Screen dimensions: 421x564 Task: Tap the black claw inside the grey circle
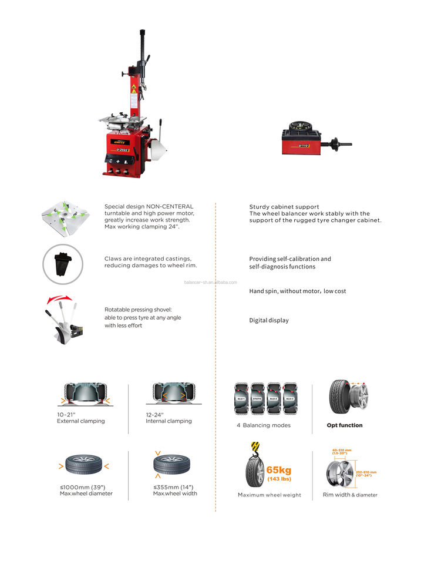pyautogui.click(x=62, y=264)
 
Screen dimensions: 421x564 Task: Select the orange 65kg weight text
pyautogui.click(x=279, y=469)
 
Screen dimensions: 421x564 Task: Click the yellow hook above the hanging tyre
pyautogui.click(x=255, y=448)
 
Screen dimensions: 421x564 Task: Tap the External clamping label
pyautogui.click(x=81, y=421)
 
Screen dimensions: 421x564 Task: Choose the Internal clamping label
pyautogui.click(x=169, y=421)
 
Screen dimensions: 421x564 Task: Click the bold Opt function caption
pyautogui.click(x=345, y=425)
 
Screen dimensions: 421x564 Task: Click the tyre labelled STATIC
pyautogui.click(x=257, y=399)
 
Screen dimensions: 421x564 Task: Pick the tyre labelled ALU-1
pyautogui.click(x=241, y=399)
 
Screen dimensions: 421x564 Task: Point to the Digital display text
pyautogui.click(x=269, y=320)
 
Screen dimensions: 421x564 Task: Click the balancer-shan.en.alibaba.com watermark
pyautogui.click(x=210, y=282)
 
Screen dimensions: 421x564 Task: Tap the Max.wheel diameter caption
pyautogui.click(x=86, y=493)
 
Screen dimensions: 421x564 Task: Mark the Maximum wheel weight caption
pyautogui.click(x=270, y=495)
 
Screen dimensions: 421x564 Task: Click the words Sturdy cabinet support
pyautogui.click(x=284, y=207)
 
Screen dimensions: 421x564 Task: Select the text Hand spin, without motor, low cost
pyautogui.click(x=297, y=291)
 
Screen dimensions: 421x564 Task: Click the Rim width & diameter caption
pyautogui.click(x=350, y=495)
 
